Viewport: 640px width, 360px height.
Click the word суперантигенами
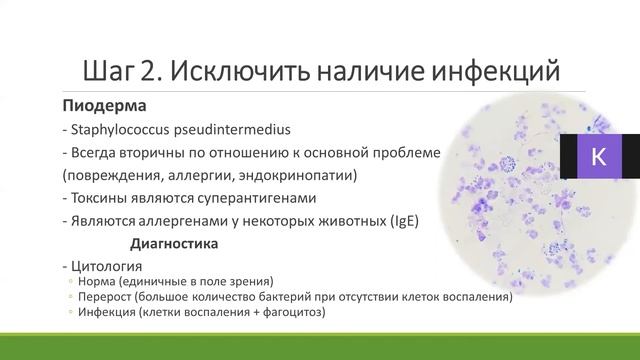point(253,198)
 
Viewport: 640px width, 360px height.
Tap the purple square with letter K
point(599,157)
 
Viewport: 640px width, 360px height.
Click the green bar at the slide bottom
point(320,349)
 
